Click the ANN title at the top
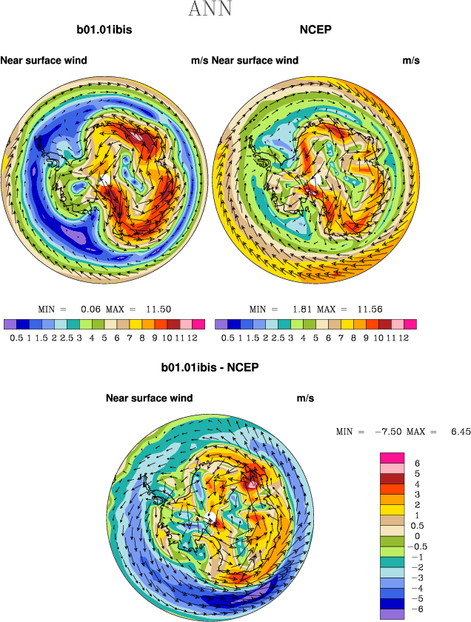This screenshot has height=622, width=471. pyautogui.click(x=211, y=10)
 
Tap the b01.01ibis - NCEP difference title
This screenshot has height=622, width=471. pyautogui.click(x=210, y=367)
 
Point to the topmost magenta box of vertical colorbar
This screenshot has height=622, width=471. pyautogui.click(x=392, y=458)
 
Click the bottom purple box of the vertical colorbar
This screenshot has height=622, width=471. pyautogui.click(x=392, y=613)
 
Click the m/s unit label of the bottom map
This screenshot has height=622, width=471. pyautogui.click(x=305, y=398)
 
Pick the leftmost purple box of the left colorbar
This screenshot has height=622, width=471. pyautogui.click(x=10, y=324)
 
